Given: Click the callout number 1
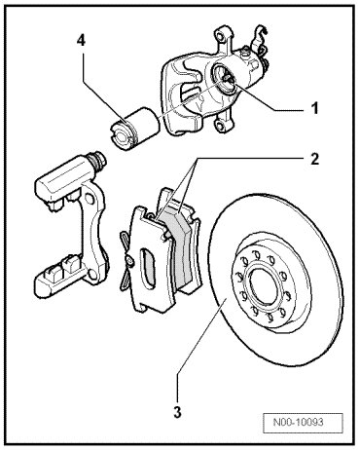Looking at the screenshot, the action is coord(313,108).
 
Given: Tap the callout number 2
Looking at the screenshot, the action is coord(314,159).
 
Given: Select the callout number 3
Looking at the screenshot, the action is coord(177,412).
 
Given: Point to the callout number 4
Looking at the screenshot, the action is coord(81,41).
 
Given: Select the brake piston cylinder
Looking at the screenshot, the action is coord(133,128).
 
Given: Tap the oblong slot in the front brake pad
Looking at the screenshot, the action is coord(148,266).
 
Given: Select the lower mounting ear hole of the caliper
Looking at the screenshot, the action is coord(222,125).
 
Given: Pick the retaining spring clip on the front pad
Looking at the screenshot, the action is coord(126,260).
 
